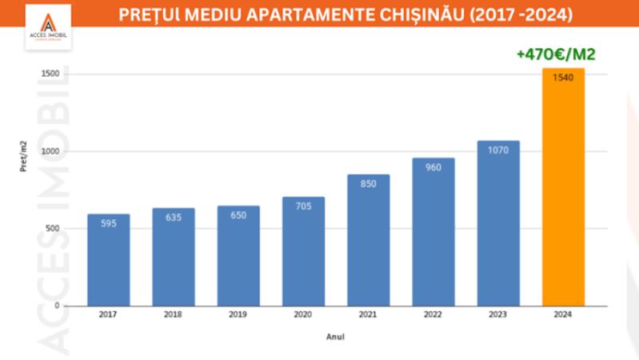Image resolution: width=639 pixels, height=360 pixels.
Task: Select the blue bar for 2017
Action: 108,260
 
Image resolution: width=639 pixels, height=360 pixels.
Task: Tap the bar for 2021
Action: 368,240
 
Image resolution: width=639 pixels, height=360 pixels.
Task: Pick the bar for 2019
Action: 238,256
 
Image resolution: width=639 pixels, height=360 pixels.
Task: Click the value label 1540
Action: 563,78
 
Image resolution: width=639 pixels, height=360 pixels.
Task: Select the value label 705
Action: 303,206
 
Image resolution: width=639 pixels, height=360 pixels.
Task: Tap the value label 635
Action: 174,217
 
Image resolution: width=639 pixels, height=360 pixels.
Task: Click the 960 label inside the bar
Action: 433,167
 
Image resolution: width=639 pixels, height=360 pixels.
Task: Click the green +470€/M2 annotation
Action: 557,54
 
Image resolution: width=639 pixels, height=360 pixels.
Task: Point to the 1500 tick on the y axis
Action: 51,74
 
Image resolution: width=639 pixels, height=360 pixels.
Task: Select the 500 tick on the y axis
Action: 54,229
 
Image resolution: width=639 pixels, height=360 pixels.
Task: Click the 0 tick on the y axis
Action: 57,306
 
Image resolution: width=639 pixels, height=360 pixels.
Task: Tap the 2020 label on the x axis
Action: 303,315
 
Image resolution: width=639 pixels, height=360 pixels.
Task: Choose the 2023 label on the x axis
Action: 498,315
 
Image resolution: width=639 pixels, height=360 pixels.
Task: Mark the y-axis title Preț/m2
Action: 24,156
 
